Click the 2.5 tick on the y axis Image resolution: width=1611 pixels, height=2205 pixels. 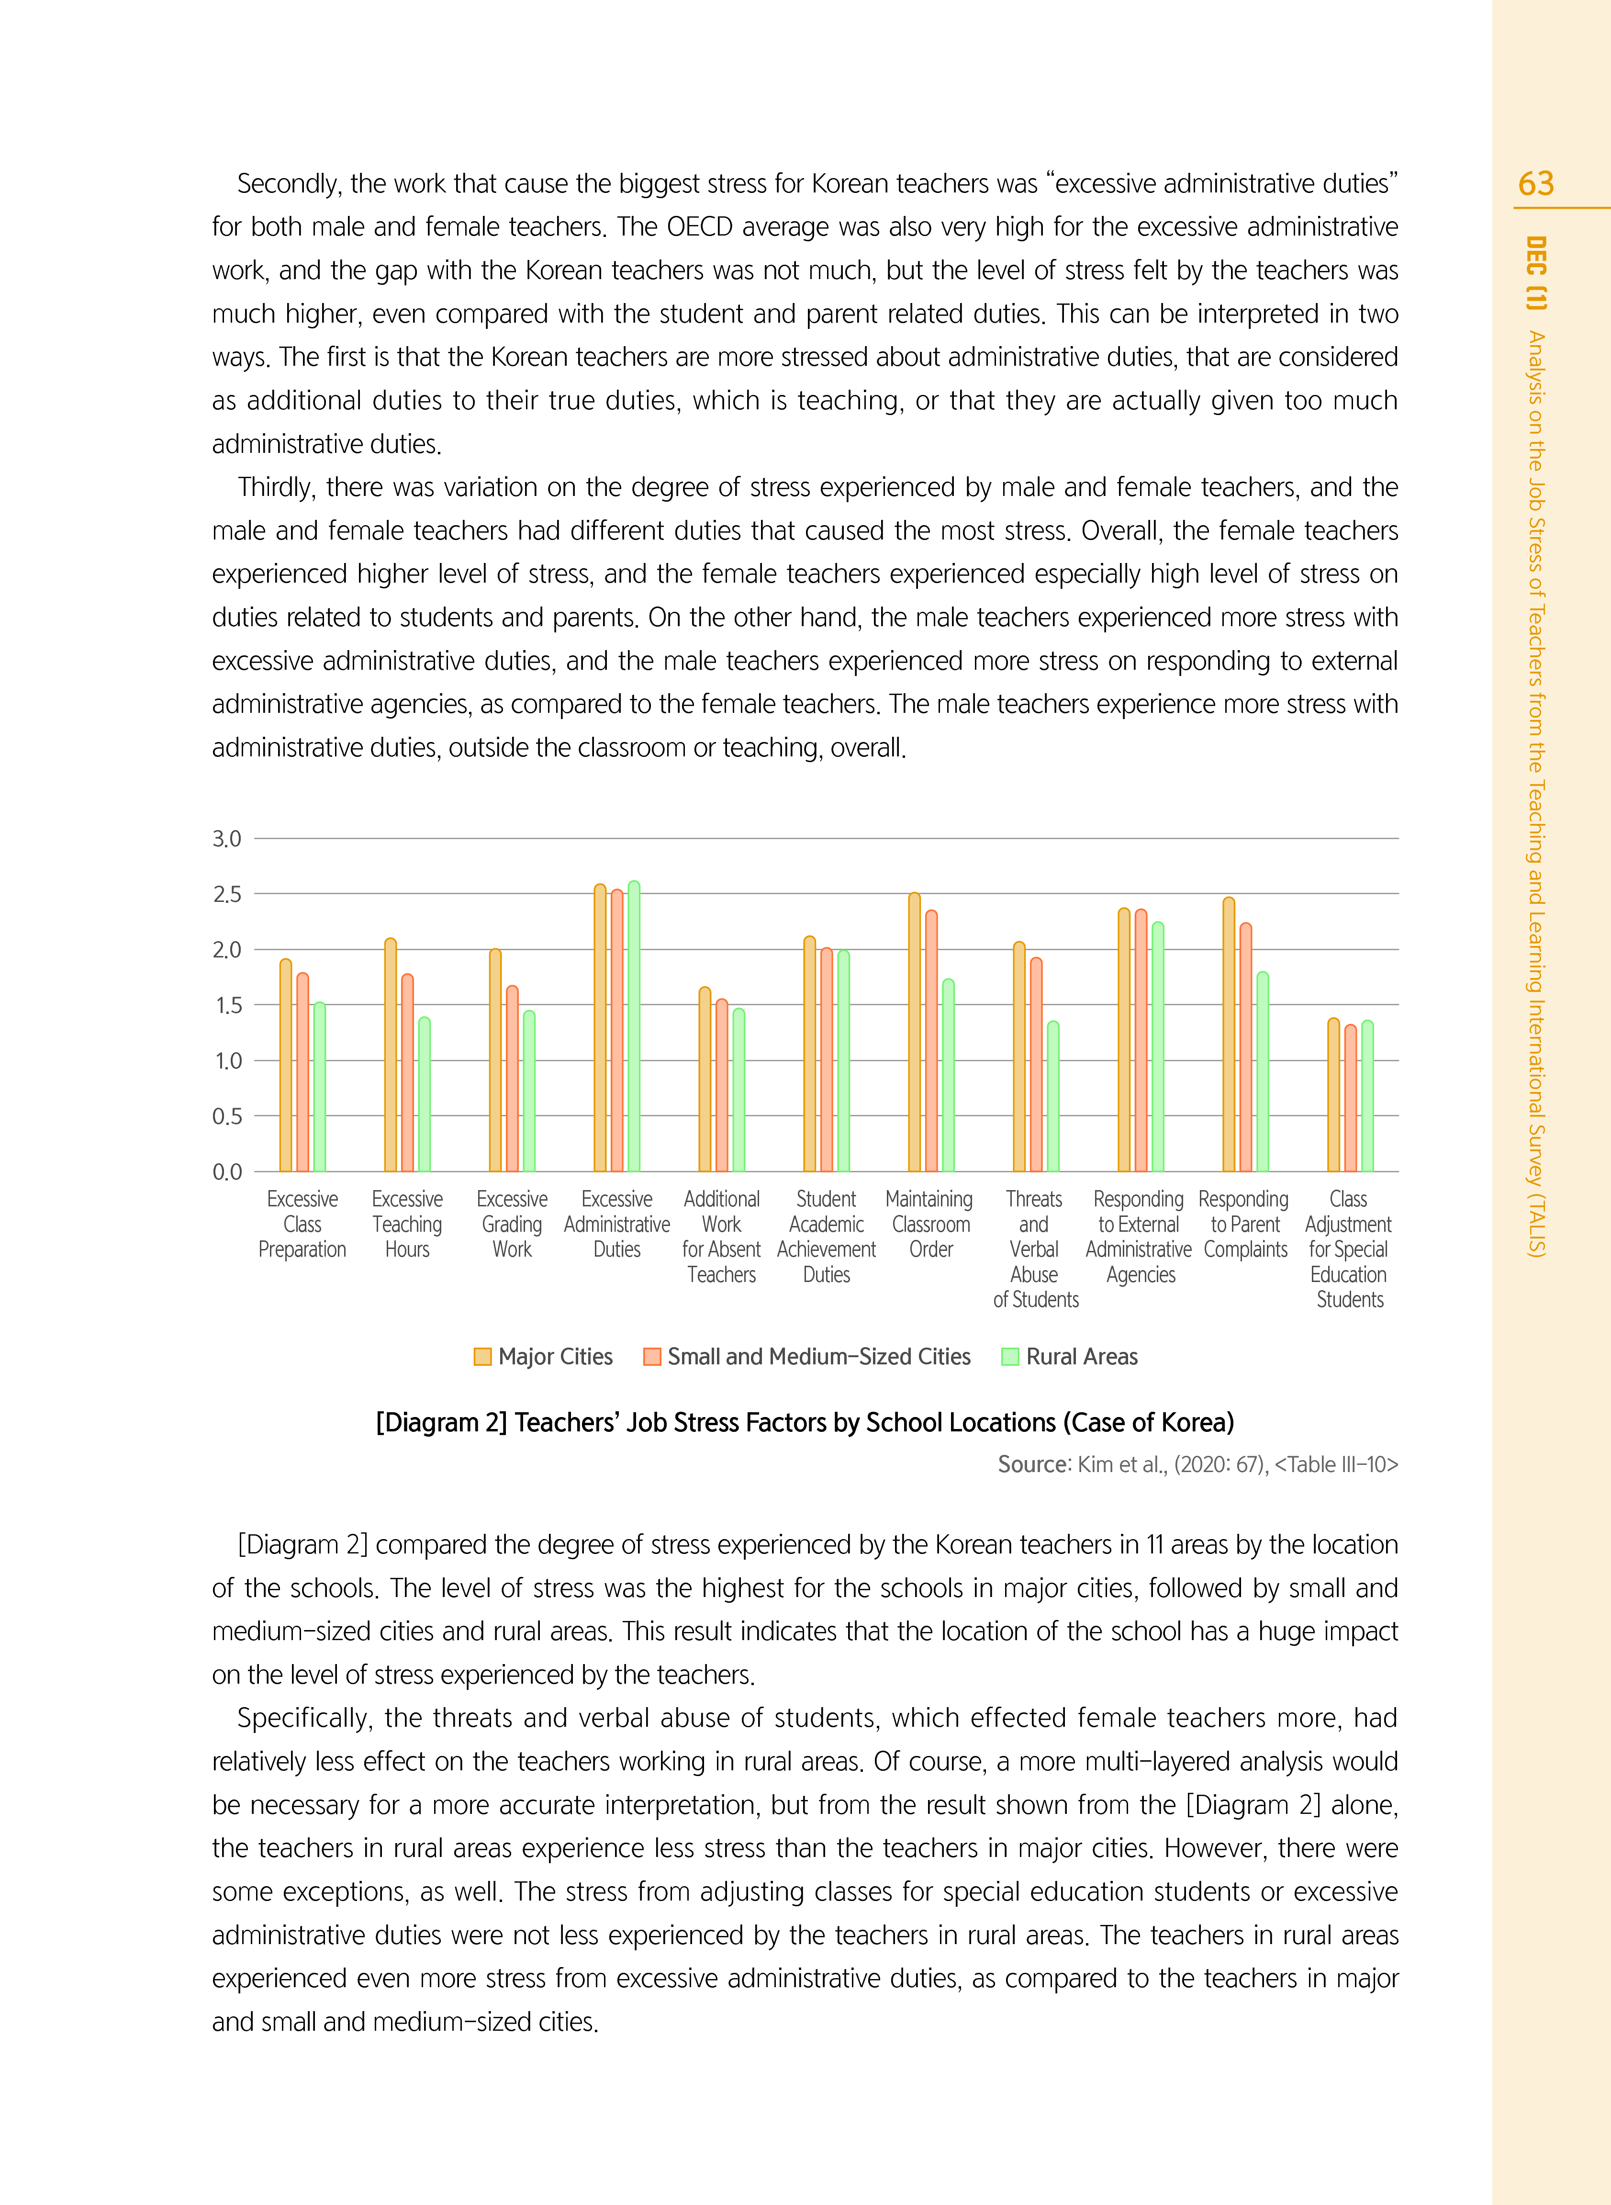(x=227, y=894)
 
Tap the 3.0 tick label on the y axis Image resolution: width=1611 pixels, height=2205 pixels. (x=227, y=839)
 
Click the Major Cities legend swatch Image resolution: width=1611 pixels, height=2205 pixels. (x=482, y=1357)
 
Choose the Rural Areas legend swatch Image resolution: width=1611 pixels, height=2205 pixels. (x=1010, y=1357)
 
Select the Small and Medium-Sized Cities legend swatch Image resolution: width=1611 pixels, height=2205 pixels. (x=652, y=1357)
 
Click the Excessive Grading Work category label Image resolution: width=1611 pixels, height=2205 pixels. (x=512, y=1224)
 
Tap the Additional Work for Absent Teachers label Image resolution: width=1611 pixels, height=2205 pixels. (x=722, y=1237)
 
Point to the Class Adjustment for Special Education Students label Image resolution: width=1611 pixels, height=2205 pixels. (x=1349, y=1249)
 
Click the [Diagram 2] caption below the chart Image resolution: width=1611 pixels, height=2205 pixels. (x=805, y=1423)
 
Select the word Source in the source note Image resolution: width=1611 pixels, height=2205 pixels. (x=1034, y=1465)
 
